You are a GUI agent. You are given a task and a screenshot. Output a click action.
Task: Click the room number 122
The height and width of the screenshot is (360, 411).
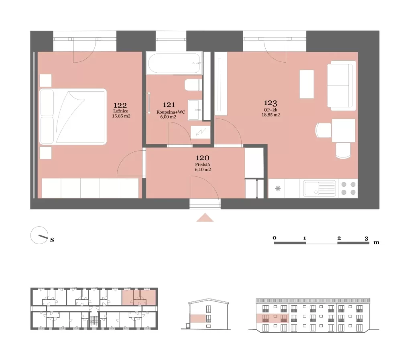[x=120, y=105]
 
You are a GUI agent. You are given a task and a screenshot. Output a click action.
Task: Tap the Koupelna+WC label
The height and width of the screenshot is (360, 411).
[x=171, y=112]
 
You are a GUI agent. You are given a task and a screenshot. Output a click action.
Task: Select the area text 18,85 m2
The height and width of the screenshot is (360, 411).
[x=271, y=115]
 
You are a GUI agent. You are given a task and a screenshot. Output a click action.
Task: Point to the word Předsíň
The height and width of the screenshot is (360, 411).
[x=202, y=164]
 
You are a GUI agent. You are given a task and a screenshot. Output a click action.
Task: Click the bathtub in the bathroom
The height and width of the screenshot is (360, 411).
[x=174, y=63]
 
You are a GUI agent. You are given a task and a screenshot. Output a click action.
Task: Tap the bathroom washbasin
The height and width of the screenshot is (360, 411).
[x=195, y=110]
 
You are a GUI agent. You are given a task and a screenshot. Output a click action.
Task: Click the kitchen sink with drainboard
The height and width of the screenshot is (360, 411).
[x=319, y=188]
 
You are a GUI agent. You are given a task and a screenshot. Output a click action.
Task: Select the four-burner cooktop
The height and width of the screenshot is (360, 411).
[x=348, y=188]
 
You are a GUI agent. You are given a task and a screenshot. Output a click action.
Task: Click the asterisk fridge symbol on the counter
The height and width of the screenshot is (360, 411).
[x=278, y=188]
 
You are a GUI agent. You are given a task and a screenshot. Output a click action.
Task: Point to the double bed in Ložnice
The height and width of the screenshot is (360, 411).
[x=73, y=117]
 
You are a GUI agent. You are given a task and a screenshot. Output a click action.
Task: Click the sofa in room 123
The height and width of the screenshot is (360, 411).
[x=342, y=86]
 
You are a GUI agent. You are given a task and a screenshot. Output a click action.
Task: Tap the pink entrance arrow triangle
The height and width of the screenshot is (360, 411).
[x=205, y=218]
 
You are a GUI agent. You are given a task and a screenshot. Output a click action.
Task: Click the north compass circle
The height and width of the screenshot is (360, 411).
[x=39, y=235]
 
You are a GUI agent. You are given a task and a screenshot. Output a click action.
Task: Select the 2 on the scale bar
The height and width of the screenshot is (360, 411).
[x=339, y=238]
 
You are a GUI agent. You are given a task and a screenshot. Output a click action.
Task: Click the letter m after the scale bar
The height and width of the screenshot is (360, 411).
[x=376, y=242]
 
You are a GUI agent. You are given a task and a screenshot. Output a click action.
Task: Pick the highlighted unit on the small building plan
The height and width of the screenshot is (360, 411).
[x=139, y=297]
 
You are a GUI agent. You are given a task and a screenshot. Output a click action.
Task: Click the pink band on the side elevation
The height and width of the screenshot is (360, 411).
[x=198, y=319]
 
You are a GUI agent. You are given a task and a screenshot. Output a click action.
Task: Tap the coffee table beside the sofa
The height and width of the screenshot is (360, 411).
[x=307, y=84]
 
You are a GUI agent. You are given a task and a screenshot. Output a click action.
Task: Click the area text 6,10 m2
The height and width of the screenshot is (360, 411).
[x=203, y=170]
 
